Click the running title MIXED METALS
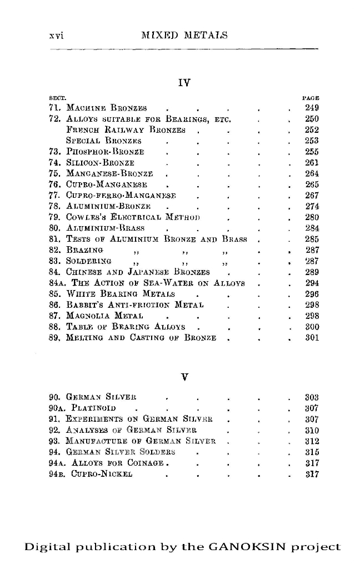pos(185,36)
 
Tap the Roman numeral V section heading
pos(184,377)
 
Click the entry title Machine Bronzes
pos(106,108)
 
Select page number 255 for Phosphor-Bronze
pos(312,152)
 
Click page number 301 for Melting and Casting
pos(312,337)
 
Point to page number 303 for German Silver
pos(312,398)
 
